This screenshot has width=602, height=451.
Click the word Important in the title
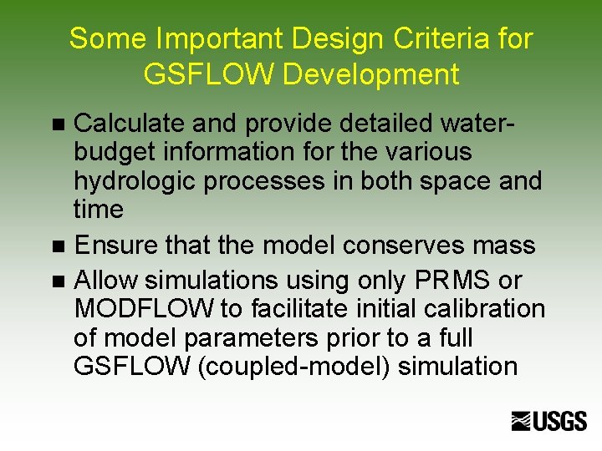[x=206, y=38]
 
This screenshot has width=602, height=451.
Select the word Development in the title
[x=371, y=74]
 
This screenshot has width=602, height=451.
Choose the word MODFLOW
[x=144, y=309]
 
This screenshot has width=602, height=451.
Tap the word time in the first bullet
[x=98, y=210]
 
